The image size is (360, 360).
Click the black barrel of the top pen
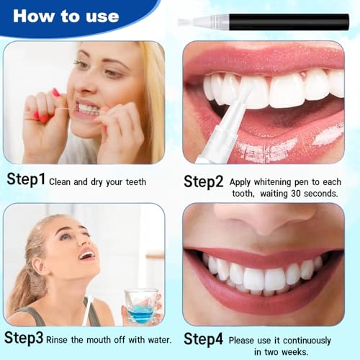point(288,22)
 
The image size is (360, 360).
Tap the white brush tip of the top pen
point(189,22)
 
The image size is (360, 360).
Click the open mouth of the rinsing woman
point(86,255)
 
